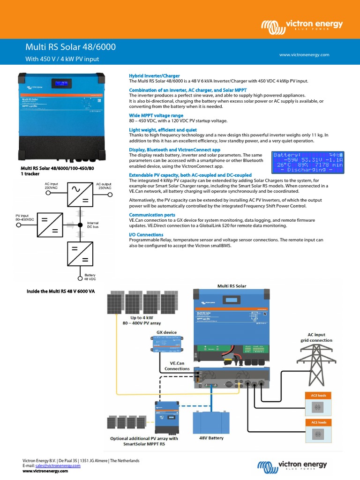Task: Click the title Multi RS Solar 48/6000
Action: point(70,47)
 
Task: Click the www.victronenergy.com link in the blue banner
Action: point(304,55)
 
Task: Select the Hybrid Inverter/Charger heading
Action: point(154,75)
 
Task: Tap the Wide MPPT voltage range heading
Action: point(156,115)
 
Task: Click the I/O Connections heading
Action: point(146,234)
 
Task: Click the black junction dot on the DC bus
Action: point(80,225)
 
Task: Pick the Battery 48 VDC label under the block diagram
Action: point(89,277)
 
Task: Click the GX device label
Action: point(166,332)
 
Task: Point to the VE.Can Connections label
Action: point(177,366)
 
